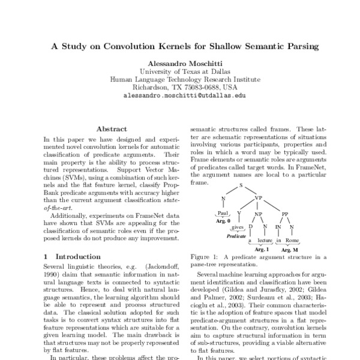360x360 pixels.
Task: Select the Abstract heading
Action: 112,129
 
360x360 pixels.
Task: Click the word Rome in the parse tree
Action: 292,241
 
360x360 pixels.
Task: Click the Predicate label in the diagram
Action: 238,236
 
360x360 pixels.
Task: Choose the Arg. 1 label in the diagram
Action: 262,248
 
